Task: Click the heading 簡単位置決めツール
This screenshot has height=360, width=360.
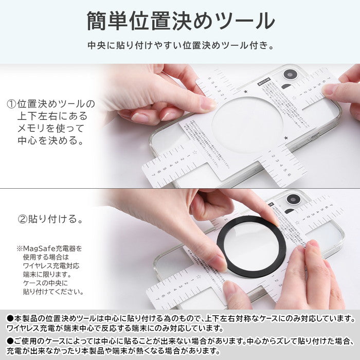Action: point(180,21)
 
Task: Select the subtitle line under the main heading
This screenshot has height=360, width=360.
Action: point(180,45)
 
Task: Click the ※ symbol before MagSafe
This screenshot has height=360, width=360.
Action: point(19,248)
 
